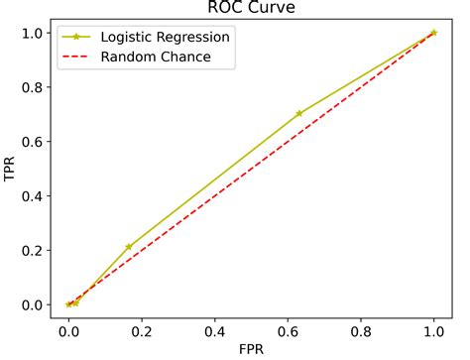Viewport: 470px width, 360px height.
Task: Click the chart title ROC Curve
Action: coord(251,9)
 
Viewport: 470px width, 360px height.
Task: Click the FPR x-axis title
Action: coord(251,349)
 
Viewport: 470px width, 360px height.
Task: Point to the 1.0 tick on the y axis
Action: coord(32,33)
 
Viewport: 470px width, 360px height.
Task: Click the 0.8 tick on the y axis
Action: coord(32,87)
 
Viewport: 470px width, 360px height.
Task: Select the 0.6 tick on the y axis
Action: coord(32,142)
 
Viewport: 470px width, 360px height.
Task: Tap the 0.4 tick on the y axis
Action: coord(32,195)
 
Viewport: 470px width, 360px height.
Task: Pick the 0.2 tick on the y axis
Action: coord(32,250)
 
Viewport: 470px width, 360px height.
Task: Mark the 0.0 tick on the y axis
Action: coord(32,304)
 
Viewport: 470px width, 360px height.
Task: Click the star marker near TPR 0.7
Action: coord(298,113)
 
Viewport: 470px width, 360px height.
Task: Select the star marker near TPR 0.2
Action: coord(128,246)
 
